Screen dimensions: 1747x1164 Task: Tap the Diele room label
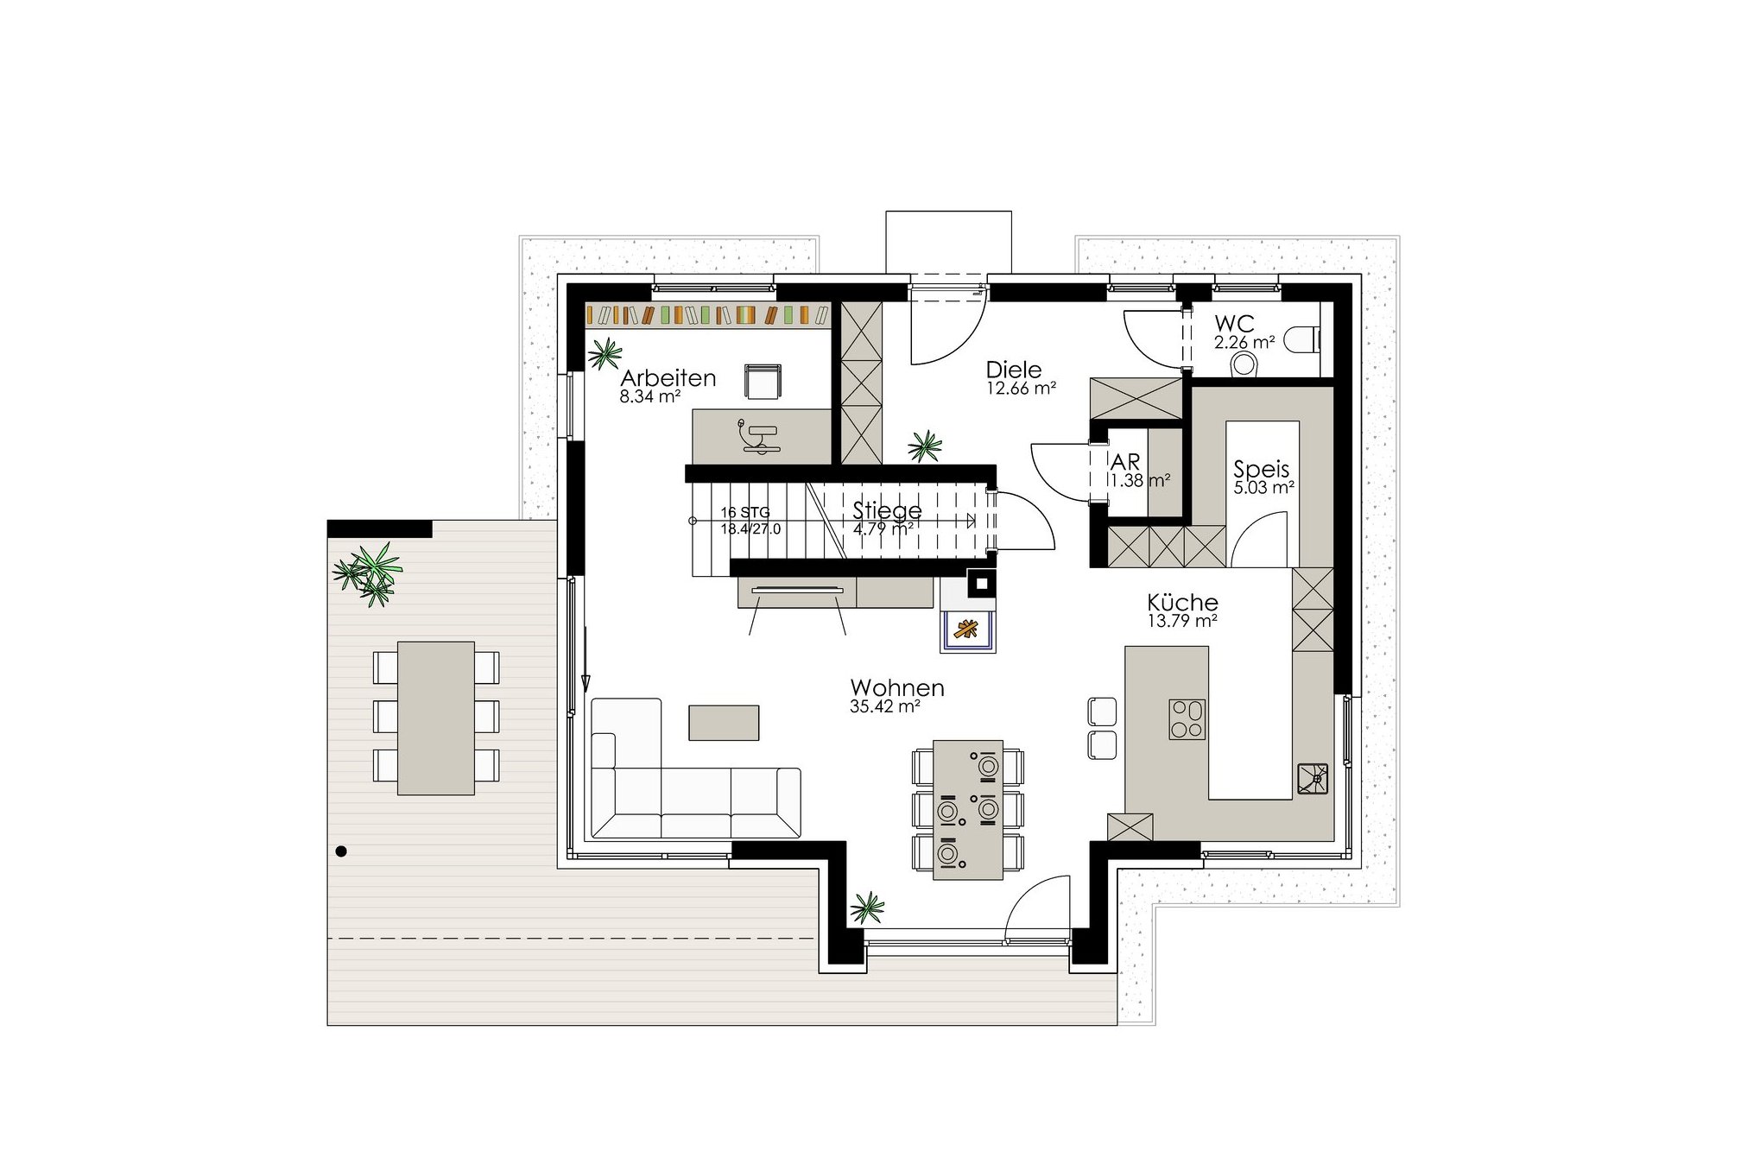(x=1014, y=370)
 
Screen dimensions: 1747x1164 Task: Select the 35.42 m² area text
(x=885, y=706)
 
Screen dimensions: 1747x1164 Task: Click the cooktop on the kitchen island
(x=1187, y=719)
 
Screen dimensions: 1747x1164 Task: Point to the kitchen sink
(x=1313, y=778)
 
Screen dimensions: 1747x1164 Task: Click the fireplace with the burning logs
(x=967, y=630)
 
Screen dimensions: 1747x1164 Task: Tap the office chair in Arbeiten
(x=763, y=382)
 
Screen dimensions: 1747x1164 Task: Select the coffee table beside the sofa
(x=724, y=723)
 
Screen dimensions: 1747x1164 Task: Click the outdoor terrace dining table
(x=436, y=718)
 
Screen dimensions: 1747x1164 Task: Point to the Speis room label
(x=1261, y=469)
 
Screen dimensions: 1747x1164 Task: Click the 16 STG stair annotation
(x=745, y=512)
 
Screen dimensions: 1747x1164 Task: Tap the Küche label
(x=1182, y=602)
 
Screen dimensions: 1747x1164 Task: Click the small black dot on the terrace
(x=341, y=851)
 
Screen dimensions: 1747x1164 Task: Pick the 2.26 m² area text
(x=1244, y=342)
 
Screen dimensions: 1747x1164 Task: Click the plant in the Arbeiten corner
(x=604, y=353)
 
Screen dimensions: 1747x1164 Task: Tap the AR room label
(x=1125, y=462)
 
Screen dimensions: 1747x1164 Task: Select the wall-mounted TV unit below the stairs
(x=797, y=592)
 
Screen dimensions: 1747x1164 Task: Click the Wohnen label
(x=897, y=687)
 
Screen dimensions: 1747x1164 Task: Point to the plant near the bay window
(x=868, y=908)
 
